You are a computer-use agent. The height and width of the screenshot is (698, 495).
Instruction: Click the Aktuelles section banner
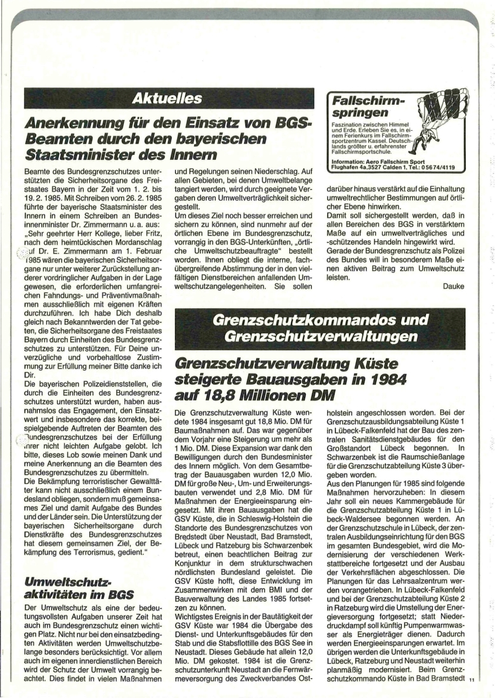click(x=169, y=98)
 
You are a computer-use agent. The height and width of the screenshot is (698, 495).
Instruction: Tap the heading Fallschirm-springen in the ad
click(x=365, y=107)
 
